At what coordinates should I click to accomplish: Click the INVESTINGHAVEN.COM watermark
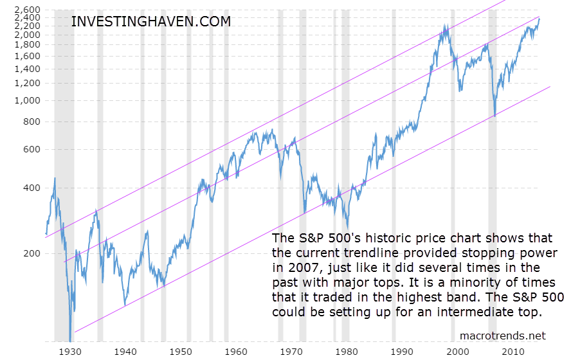[150, 21]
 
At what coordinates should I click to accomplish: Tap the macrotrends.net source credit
[503, 335]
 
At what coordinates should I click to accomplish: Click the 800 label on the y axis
[31, 122]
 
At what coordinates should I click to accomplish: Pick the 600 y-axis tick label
[31, 149]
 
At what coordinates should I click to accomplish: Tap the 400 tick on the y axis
[31, 188]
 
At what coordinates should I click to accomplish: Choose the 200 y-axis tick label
[31, 253]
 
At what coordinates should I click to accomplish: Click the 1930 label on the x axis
[69, 352]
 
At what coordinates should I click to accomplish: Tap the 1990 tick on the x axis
[403, 352]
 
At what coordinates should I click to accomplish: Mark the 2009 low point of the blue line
[494, 116]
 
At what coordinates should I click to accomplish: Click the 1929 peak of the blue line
[54, 178]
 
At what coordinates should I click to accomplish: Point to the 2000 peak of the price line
[446, 26]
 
